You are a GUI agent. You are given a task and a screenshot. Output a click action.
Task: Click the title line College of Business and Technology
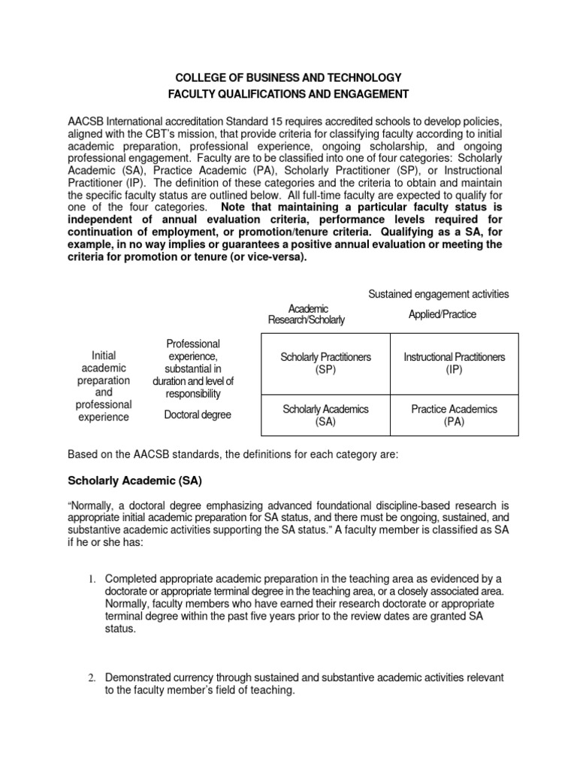tap(288, 78)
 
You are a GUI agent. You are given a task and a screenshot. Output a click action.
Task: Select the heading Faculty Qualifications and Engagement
tap(288, 94)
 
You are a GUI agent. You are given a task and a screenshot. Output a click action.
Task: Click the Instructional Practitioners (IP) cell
tap(454, 363)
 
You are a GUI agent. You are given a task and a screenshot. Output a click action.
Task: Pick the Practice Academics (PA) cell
tap(454, 415)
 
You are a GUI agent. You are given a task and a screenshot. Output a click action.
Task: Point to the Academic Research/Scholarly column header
tap(307, 314)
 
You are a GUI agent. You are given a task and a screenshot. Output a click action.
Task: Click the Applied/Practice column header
tap(442, 314)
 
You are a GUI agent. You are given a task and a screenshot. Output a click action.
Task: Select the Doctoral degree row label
tap(198, 415)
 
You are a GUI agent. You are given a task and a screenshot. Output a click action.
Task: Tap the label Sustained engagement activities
tap(438, 293)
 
